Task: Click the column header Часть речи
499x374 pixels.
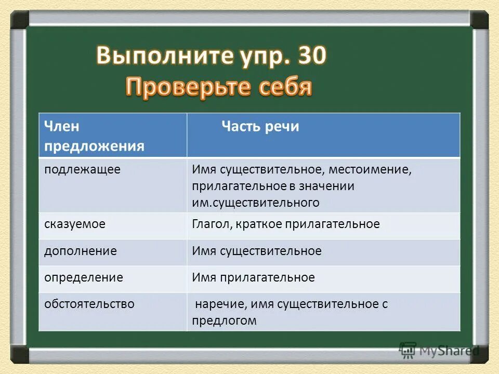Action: click(x=260, y=127)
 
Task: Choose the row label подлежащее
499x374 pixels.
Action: click(x=82, y=170)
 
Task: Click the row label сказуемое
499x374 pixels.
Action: click(x=75, y=224)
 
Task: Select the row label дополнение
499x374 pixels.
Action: click(x=80, y=251)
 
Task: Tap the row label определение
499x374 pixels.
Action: click(x=83, y=277)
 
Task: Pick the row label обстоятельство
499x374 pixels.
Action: click(x=89, y=304)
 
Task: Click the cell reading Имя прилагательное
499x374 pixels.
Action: click(x=253, y=277)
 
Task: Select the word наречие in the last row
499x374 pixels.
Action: click(x=215, y=304)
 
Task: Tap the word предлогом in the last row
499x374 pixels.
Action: click(x=224, y=320)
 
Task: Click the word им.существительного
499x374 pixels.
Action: click(x=256, y=203)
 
